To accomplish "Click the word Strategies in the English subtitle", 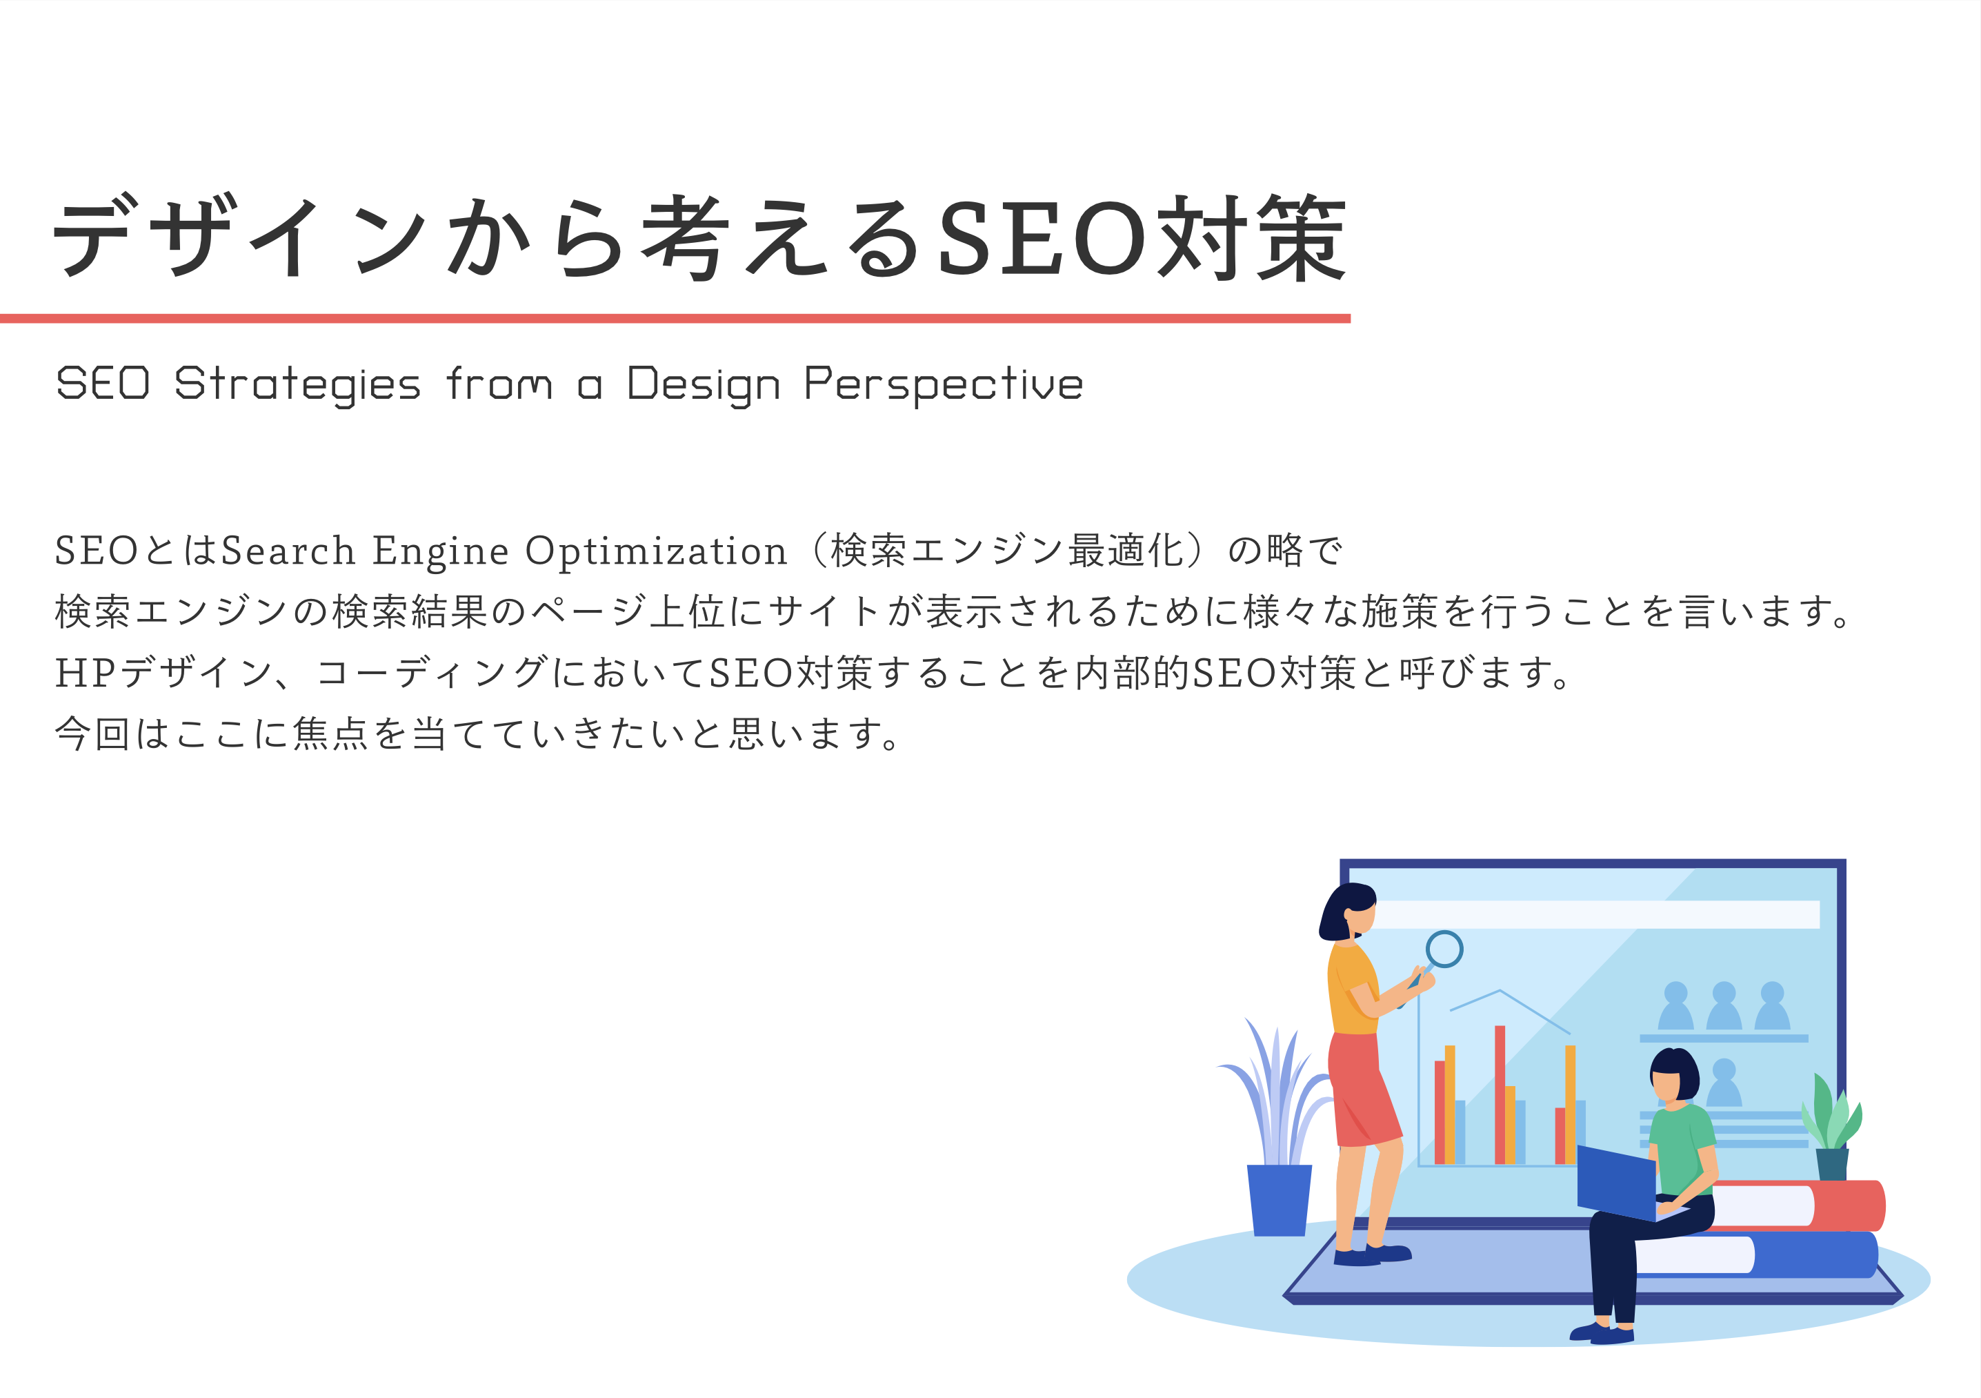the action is coord(298,385).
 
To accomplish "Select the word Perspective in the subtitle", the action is coord(943,385).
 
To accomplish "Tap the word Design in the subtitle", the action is coord(703,385).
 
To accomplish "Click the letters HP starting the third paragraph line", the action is coord(86,673).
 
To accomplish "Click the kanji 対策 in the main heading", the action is coord(1252,237).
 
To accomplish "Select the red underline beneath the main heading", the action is coord(675,318).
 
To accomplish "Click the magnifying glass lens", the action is coord(1444,949).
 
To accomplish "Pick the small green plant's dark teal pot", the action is coord(1833,1164).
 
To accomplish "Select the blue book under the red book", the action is coord(1760,1254).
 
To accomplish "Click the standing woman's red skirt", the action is coord(1362,1089).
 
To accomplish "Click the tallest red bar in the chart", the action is coord(1500,1095).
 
